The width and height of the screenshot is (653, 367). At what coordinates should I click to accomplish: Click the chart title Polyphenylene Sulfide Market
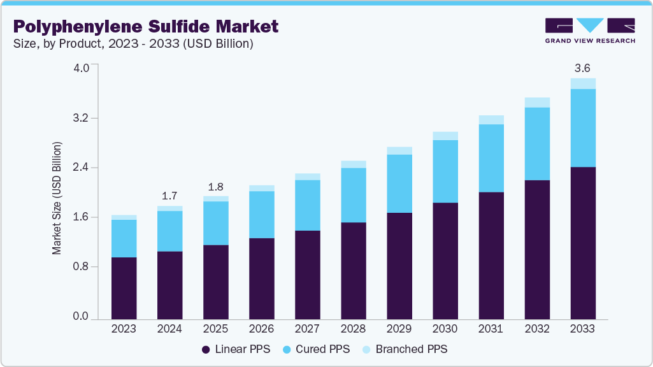tap(145, 26)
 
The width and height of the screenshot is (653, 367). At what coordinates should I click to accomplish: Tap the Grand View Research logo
tap(589, 30)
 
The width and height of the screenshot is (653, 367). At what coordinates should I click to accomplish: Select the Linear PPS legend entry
tap(235, 349)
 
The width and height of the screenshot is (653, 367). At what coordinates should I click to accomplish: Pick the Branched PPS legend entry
tap(405, 349)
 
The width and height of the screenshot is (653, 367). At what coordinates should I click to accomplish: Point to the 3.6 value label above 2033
tap(582, 68)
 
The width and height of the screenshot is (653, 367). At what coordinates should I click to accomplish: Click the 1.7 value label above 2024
tap(169, 196)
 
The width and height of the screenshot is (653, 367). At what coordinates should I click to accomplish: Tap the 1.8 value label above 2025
tap(215, 187)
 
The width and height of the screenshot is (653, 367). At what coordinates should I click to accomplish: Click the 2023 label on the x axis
tap(124, 329)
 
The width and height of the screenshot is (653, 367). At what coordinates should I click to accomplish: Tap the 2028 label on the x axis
tap(353, 329)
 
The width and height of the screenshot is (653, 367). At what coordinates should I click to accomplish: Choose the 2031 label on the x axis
tap(491, 329)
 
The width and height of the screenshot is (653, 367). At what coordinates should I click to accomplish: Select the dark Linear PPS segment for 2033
tap(582, 242)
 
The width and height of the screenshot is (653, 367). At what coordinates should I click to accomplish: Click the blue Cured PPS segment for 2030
tap(445, 171)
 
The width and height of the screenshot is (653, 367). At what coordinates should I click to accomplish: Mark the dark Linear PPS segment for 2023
tap(124, 287)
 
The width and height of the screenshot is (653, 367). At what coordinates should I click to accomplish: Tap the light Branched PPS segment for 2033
tap(582, 83)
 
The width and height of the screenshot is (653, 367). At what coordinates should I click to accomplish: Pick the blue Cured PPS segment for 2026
tap(261, 214)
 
